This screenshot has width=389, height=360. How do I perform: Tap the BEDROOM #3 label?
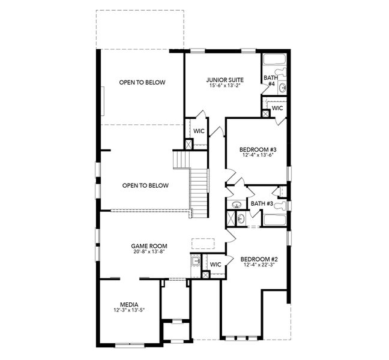pos(258,149)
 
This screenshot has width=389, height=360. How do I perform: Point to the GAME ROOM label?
pos(149,245)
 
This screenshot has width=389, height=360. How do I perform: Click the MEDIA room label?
pos(130,304)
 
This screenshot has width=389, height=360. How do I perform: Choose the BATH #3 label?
pos(262,203)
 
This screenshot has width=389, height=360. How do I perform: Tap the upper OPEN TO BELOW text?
pos(142,82)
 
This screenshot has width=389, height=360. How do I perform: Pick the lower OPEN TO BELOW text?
pos(145,185)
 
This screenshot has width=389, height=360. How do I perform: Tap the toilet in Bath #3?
pos(277,191)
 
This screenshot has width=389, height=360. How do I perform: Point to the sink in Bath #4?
pos(282,88)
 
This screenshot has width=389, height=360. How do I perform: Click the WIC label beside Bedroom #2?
pos(216,264)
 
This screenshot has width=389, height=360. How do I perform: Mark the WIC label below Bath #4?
pos(277,109)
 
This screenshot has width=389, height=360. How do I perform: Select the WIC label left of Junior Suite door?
pos(199,131)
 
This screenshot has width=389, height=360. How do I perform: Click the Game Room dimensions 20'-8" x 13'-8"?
pos(149,252)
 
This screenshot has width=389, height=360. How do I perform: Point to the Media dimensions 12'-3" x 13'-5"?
pos(130,310)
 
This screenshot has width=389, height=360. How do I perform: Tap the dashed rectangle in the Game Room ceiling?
pos(199,244)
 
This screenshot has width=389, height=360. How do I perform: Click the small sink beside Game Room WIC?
pos(196,261)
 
